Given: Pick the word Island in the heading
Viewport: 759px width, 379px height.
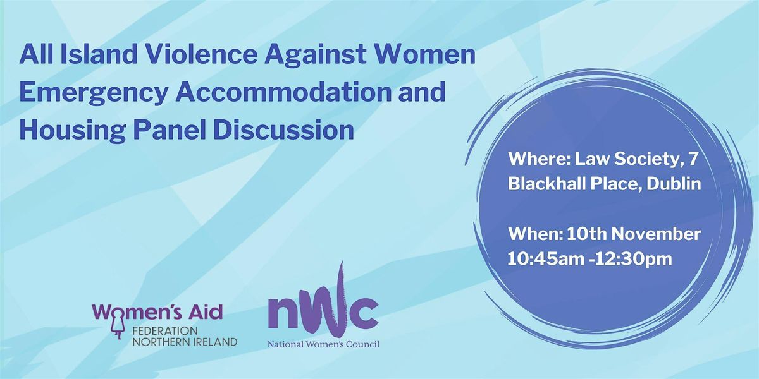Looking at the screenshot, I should pos(90,56).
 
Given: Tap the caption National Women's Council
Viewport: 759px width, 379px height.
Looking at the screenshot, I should pos(324,344).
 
